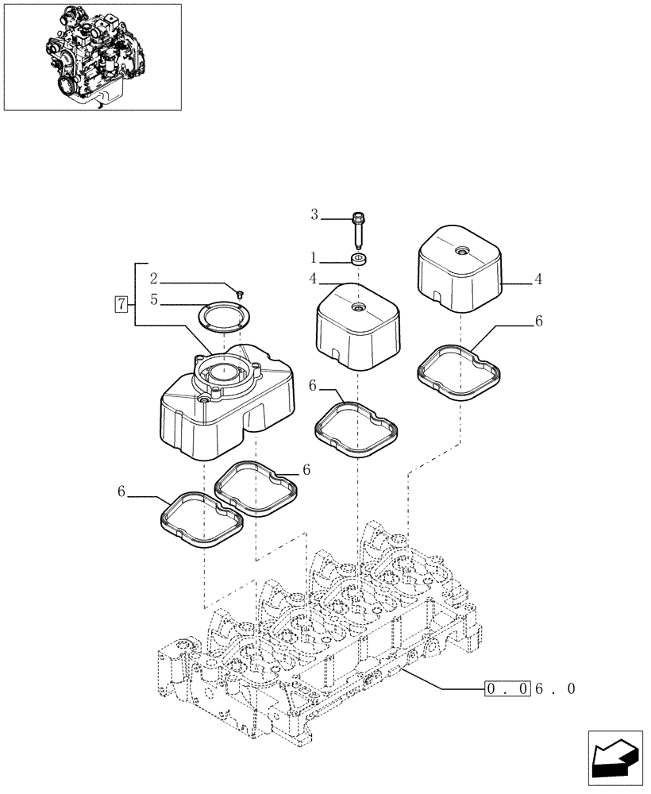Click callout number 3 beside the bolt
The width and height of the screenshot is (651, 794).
point(314,214)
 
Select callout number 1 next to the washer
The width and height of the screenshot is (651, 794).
point(314,258)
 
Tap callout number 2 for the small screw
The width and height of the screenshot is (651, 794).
point(154,279)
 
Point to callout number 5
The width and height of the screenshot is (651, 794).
point(154,301)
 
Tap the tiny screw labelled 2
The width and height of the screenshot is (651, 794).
point(239,294)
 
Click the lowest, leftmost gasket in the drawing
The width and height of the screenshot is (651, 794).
point(198,519)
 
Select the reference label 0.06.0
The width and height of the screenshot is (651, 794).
point(529,688)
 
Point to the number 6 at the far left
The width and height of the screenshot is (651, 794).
point(121,492)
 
